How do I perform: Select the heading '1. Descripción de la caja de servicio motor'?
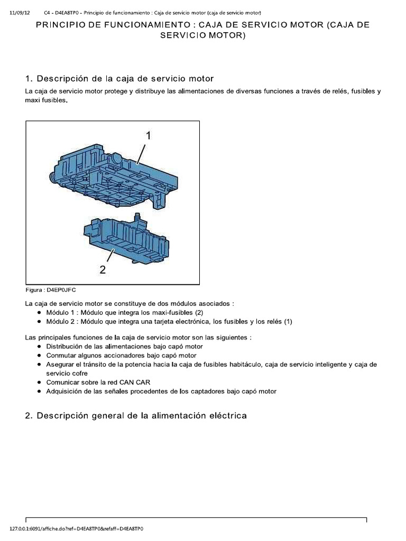[119, 78]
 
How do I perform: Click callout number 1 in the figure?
[149, 136]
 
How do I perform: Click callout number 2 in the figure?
[103, 269]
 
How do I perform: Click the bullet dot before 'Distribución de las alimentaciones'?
[40, 347]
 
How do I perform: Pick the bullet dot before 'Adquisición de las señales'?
[40, 391]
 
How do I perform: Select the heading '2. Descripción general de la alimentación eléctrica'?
[136, 416]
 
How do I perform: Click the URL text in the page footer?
[77, 528]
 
